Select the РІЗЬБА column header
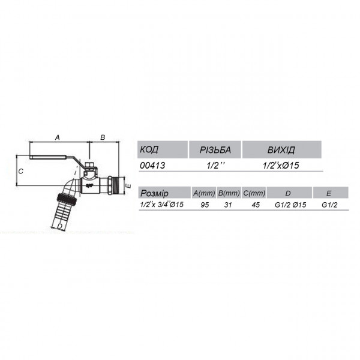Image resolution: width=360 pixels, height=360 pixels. pos(215,149)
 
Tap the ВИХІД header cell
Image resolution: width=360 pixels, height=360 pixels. pos(281,149)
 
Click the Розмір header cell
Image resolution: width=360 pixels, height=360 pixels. pos(162,193)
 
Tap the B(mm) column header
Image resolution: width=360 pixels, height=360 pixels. pos(229,193)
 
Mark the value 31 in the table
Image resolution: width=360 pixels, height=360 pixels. pos(229,205)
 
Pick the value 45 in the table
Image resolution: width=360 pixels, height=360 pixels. pos(254,205)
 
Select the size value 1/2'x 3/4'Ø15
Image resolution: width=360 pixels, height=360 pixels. pos(161,205)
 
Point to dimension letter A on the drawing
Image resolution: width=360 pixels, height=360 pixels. pos(57,137)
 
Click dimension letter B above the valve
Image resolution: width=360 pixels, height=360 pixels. pos(103,137)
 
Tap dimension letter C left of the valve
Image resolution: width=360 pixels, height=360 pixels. pos(20,171)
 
